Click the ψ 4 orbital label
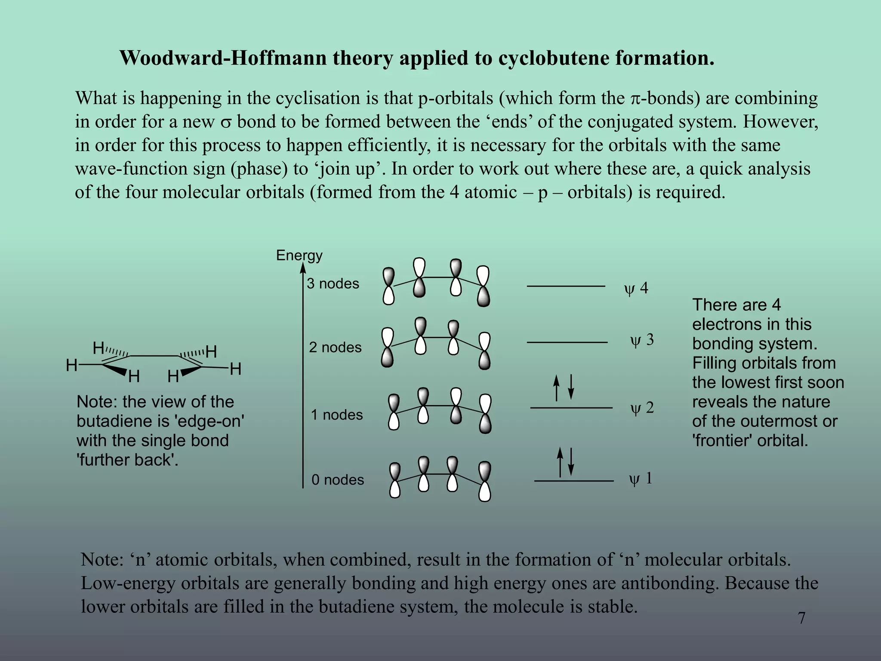click(x=636, y=288)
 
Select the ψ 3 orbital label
click(x=642, y=340)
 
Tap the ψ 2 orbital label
click(x=642, y=408)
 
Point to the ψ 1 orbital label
click(x=641, y=479)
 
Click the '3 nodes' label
click(x=333, y=284)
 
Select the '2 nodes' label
click(x=335, y=347)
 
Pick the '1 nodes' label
click(x=337, y=415)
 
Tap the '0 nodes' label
click(x=338, y=480)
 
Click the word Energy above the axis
click(x=299, y=255)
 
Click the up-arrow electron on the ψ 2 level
click(x=557, y=387)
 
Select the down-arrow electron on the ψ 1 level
click(x=571, y=462)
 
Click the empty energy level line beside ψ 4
click(x=566, y=286)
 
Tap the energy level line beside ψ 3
click(x=567, y=343)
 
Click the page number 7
click(x=801, y=618)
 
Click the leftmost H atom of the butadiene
click(x=71, y=366)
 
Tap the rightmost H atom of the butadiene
click(x=235, y=369)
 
